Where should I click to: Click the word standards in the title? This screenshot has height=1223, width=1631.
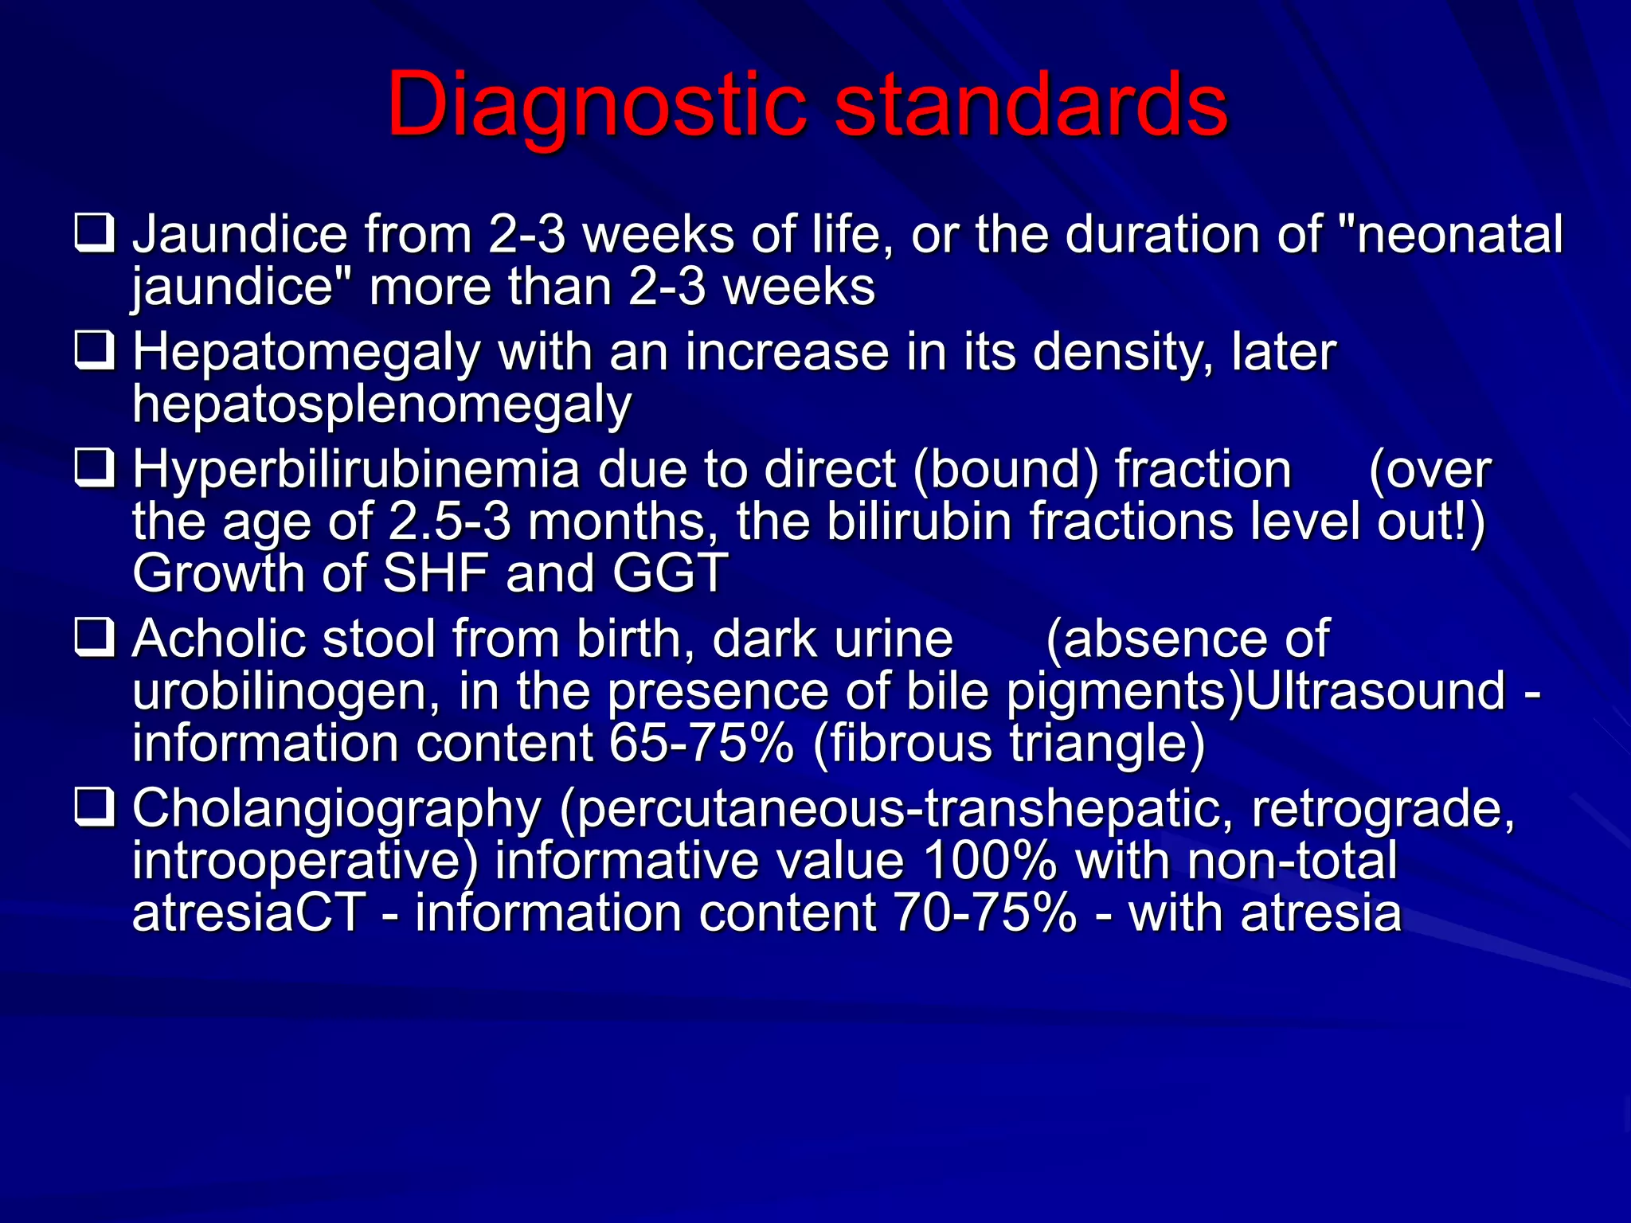pyautogui.click(x=1031, y=104)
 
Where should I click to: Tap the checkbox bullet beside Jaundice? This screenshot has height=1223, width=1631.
pyautogui.click(x=95, y=233)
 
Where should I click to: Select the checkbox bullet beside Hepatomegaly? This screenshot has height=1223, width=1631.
pyautogui.click(x=95, y=350)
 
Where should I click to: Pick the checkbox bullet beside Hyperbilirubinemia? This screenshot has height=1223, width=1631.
pyautogui.click(x=95, y=467)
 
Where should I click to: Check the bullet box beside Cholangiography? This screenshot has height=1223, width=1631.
pyautogui.click(x=95, y=807)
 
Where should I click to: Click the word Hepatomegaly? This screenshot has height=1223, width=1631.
pyautogui.click(x=306, y=352)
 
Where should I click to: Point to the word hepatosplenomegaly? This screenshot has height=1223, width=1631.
pyautogui.click(x=381, y=404)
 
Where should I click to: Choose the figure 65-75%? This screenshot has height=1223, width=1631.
pyautogui.click(x=701, y=743)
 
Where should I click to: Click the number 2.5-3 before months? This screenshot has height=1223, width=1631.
pyautogui.click(x=449, y=522)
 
